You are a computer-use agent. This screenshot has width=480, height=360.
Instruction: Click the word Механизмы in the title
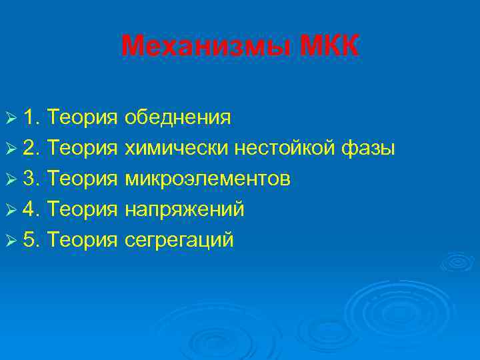coord(207,47)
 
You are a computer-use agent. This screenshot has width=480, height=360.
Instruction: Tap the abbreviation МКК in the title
coord(329,47)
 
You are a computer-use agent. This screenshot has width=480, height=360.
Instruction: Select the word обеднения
coord(179,119)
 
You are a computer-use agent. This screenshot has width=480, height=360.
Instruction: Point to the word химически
coord(177,149)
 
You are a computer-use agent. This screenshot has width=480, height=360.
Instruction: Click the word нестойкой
coord(286,149)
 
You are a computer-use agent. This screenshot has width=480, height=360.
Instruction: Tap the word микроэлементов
coord(207,179)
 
